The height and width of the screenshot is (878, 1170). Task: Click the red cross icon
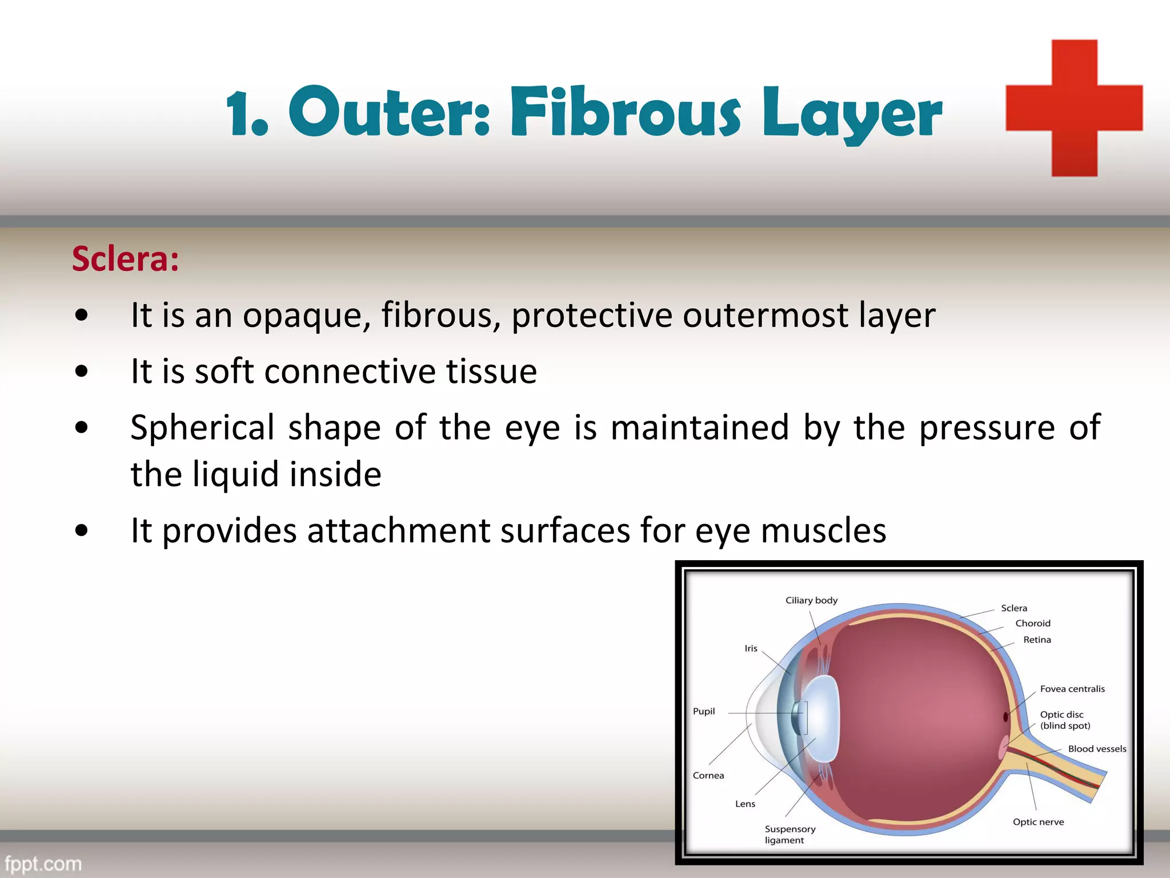coord(1074,108)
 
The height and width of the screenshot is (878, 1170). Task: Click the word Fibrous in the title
coord(625,113)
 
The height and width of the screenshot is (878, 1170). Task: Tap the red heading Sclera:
coord(125,259)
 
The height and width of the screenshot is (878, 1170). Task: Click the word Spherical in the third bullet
coord(202,428)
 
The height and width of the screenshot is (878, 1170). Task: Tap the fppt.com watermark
coord(43,863)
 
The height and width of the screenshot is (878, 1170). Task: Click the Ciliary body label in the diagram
coord(811,600)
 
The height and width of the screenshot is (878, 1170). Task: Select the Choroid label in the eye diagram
coord(1032,623)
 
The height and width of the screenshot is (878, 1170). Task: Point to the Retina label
coord(1037,640)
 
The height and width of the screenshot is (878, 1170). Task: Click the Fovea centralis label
coord(1072,689)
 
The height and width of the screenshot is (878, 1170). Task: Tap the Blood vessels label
coord(1097,749)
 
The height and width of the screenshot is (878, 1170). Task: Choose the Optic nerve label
coord(1038,822)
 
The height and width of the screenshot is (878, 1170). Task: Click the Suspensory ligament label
coord(790,835)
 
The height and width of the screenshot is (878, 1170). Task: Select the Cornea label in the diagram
coord(708,776)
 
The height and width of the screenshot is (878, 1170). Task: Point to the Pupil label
coord(703,711)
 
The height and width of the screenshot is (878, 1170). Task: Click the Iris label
coord(751,648)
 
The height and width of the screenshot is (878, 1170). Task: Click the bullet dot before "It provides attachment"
coord(82,530)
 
